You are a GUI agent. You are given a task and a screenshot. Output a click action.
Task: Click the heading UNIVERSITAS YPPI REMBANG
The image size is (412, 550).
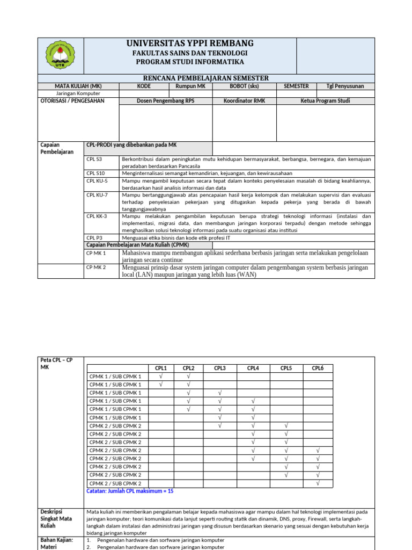click(x=190, y=44)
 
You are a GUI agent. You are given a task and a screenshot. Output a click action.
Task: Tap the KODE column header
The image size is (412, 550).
click(x=144, y=86)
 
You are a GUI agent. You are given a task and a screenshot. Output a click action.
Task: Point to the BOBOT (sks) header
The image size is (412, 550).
click(x=244, y=86)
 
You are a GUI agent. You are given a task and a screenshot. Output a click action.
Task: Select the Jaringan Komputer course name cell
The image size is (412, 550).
click(x=78, y=93)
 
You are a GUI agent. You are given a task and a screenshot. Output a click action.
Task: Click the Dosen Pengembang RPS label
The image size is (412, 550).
click(x=165, y=100)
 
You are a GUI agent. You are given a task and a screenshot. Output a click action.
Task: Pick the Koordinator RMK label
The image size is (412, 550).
click(x=244, y=100)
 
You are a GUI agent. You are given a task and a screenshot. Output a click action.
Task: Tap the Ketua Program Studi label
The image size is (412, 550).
click(x=325, y=100)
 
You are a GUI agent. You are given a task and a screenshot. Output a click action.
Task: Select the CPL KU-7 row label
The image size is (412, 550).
click(x=97, y=195)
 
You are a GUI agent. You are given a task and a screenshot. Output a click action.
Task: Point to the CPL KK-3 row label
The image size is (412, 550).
click(x=97, y=216)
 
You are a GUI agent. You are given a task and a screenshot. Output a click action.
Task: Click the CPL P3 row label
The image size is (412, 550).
click(x=94, y=237)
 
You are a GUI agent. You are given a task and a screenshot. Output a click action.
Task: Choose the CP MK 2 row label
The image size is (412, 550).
click(x=97, y=267)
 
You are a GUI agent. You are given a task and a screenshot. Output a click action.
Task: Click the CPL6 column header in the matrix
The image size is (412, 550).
click(x=318, y=368)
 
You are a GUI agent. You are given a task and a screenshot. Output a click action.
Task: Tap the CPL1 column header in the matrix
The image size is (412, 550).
click(x=161, y=368)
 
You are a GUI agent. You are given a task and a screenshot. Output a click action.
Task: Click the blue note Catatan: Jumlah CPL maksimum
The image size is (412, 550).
click(x=130, y=491)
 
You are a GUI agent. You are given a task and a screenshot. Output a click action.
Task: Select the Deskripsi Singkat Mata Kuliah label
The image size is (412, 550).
click(x=56, y=519)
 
